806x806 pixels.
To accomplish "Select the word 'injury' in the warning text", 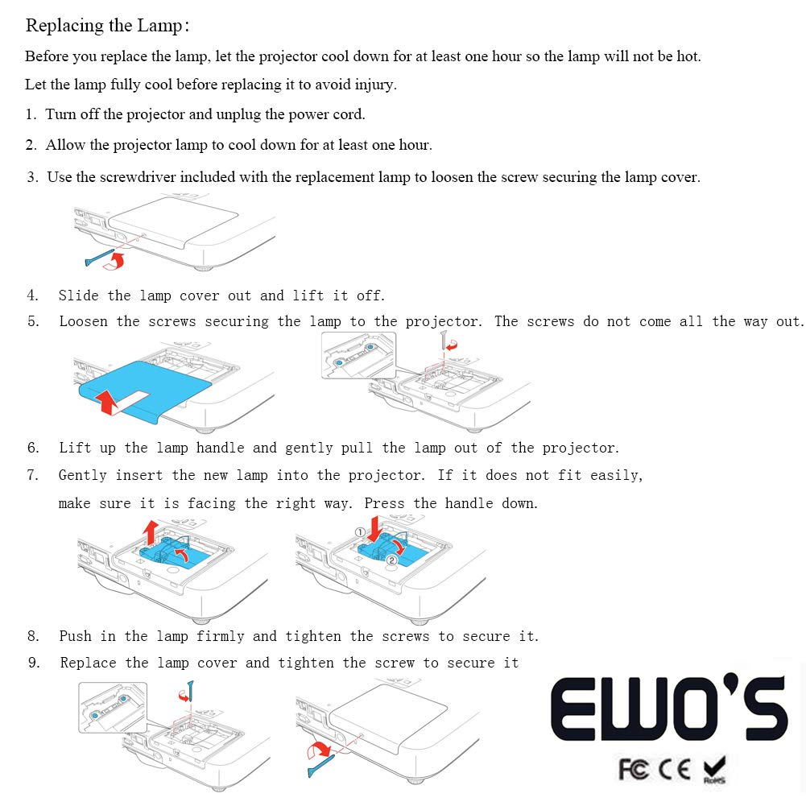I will tap(374, 85).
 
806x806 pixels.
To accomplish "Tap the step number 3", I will tap(31, 177).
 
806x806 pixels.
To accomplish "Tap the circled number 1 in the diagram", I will tap(359, 532).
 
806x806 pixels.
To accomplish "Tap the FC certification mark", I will tap(634, 770).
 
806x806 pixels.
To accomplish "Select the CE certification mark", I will tap(675, 770).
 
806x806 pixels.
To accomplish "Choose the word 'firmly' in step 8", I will tap(220, 636).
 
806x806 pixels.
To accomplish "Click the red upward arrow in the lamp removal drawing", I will tap(150, 532).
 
